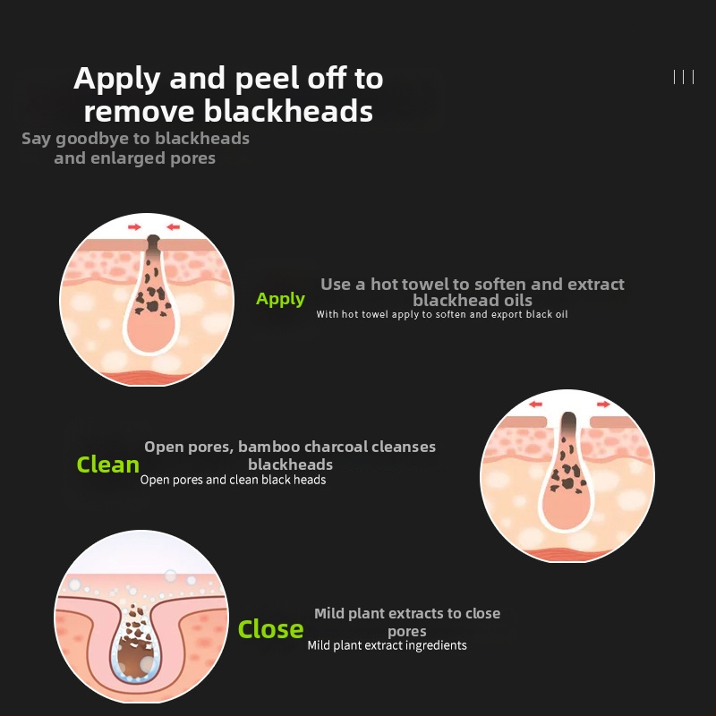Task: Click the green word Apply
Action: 280,299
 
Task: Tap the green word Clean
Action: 107,465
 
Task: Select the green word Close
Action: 271,629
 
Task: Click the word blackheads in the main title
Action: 288,111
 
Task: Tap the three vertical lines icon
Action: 684,77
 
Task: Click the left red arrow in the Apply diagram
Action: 134,227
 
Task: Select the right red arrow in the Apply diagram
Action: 173,227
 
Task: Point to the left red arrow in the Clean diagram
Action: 535,405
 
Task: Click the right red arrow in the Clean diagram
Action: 603,405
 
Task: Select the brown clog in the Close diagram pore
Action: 132,653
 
